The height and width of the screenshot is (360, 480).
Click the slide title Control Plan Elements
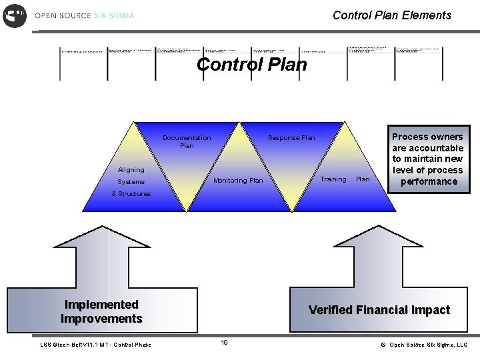pyautogui.click(x=391, y=15)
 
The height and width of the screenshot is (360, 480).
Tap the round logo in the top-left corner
pyautogui.click(x=15, y=15)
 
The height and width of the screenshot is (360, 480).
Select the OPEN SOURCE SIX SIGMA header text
pyautogui.click(x=83, y=15)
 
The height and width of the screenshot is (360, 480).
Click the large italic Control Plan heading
pyautogui.click(x=252, y=65)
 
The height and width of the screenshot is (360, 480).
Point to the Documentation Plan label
pyautogui.click(x=187, y=142)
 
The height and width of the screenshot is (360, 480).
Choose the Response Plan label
pyautogui.click(x=291, y=138)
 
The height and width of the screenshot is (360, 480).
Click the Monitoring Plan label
pyautogui.click(x=238, y=181)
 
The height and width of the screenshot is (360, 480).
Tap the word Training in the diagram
pyautogui.click(x=333, y=179)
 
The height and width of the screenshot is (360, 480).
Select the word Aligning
pyautogui.click(x=131, y=170)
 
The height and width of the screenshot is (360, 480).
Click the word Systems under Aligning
pyautogui.click(x=131, y=181)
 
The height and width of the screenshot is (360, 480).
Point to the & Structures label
pyautogui.click(x=131, y=194)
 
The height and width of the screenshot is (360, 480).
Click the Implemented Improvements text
pyautogui.click(x=101, y=311)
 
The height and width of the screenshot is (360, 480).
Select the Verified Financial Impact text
pyautogui.click(x=379, y=310)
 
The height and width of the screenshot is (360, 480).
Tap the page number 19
pyautogui.click(x=224, y=343)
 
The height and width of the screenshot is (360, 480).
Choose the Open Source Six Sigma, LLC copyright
pyautogui.click(x=424, y=345)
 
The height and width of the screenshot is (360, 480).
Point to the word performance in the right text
pyautogui.click(x=429, y=181)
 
